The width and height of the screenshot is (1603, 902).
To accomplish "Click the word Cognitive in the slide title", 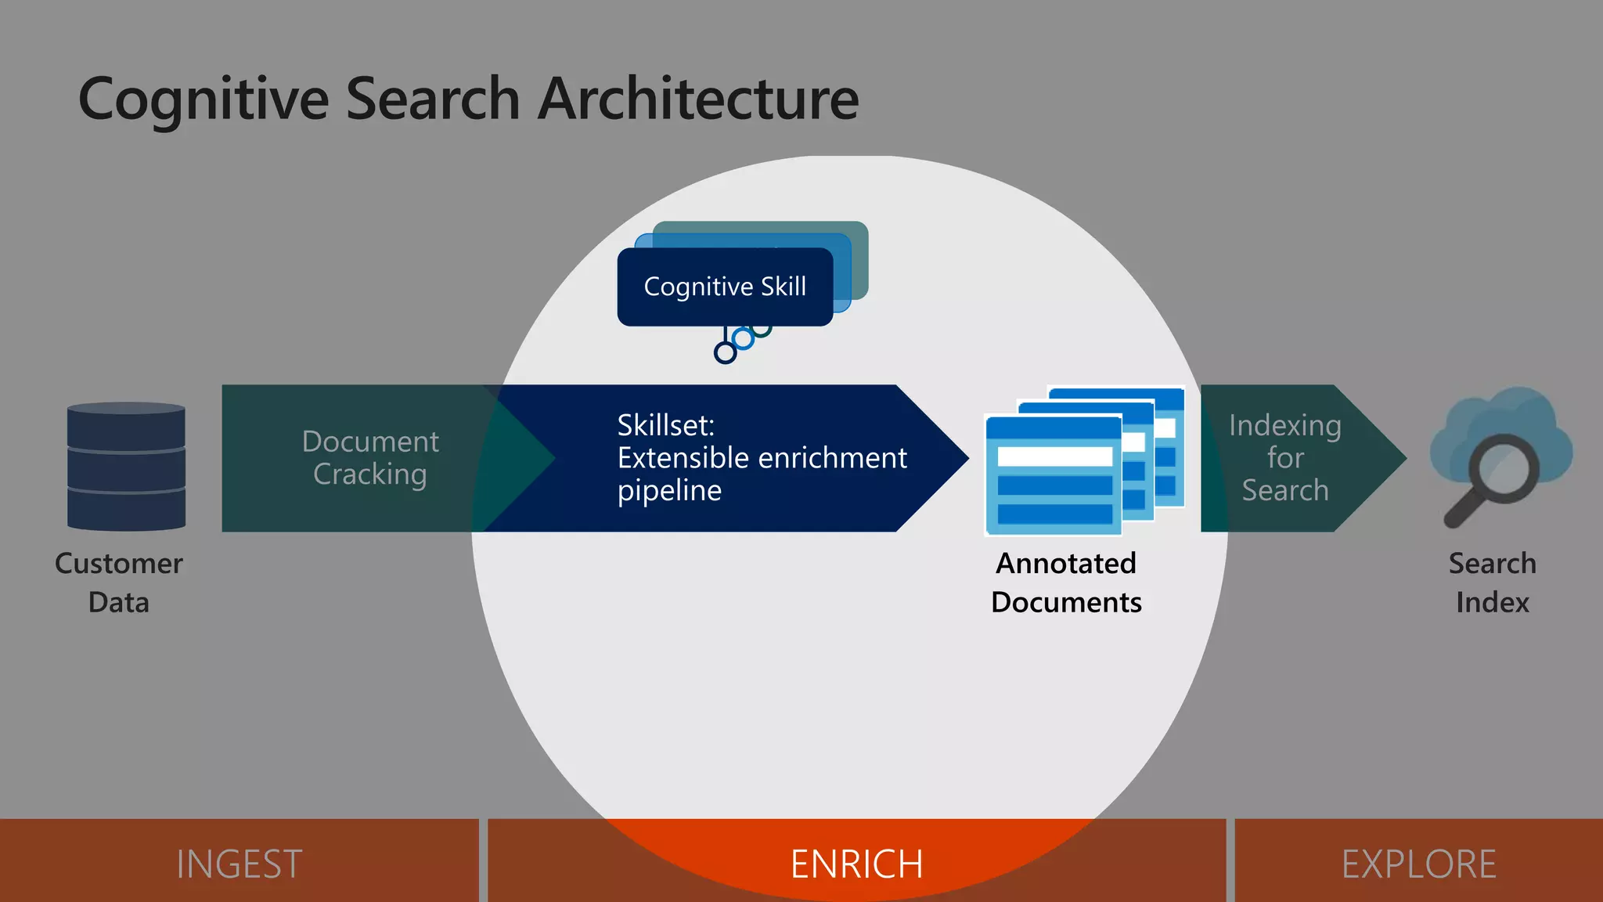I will click(x=204, y=99).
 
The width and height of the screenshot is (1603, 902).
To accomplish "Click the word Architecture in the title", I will click(x=698, y=99).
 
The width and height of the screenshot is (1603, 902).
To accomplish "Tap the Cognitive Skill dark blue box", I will click(x=724, y=287).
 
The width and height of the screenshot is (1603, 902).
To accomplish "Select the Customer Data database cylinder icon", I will click(x=126, y=467).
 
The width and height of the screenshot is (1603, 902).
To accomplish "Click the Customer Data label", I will click(x=119, y=583).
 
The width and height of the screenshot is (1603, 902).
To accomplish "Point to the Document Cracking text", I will click(x=370, y=458).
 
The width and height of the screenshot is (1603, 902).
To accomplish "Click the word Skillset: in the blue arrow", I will click(x=665, y=425).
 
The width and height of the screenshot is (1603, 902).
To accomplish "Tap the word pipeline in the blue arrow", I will click(x=669, y=491).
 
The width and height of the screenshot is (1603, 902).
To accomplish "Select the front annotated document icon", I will click(x=1053, y=475).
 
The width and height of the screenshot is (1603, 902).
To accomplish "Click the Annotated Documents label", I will click(x=1066, y=583).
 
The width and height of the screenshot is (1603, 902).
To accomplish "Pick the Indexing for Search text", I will click(x=1284, y=458).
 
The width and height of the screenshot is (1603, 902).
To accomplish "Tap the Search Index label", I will click(x=1492, y=583).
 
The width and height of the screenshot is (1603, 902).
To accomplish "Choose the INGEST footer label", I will click(x=239, y=864).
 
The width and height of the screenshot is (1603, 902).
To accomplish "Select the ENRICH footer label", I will click(x=856, y=864).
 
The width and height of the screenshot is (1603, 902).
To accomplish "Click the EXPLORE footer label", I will click(x=1418, y=864).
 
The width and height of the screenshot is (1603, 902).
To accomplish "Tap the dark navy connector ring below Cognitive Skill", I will click(x=726, y=352).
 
